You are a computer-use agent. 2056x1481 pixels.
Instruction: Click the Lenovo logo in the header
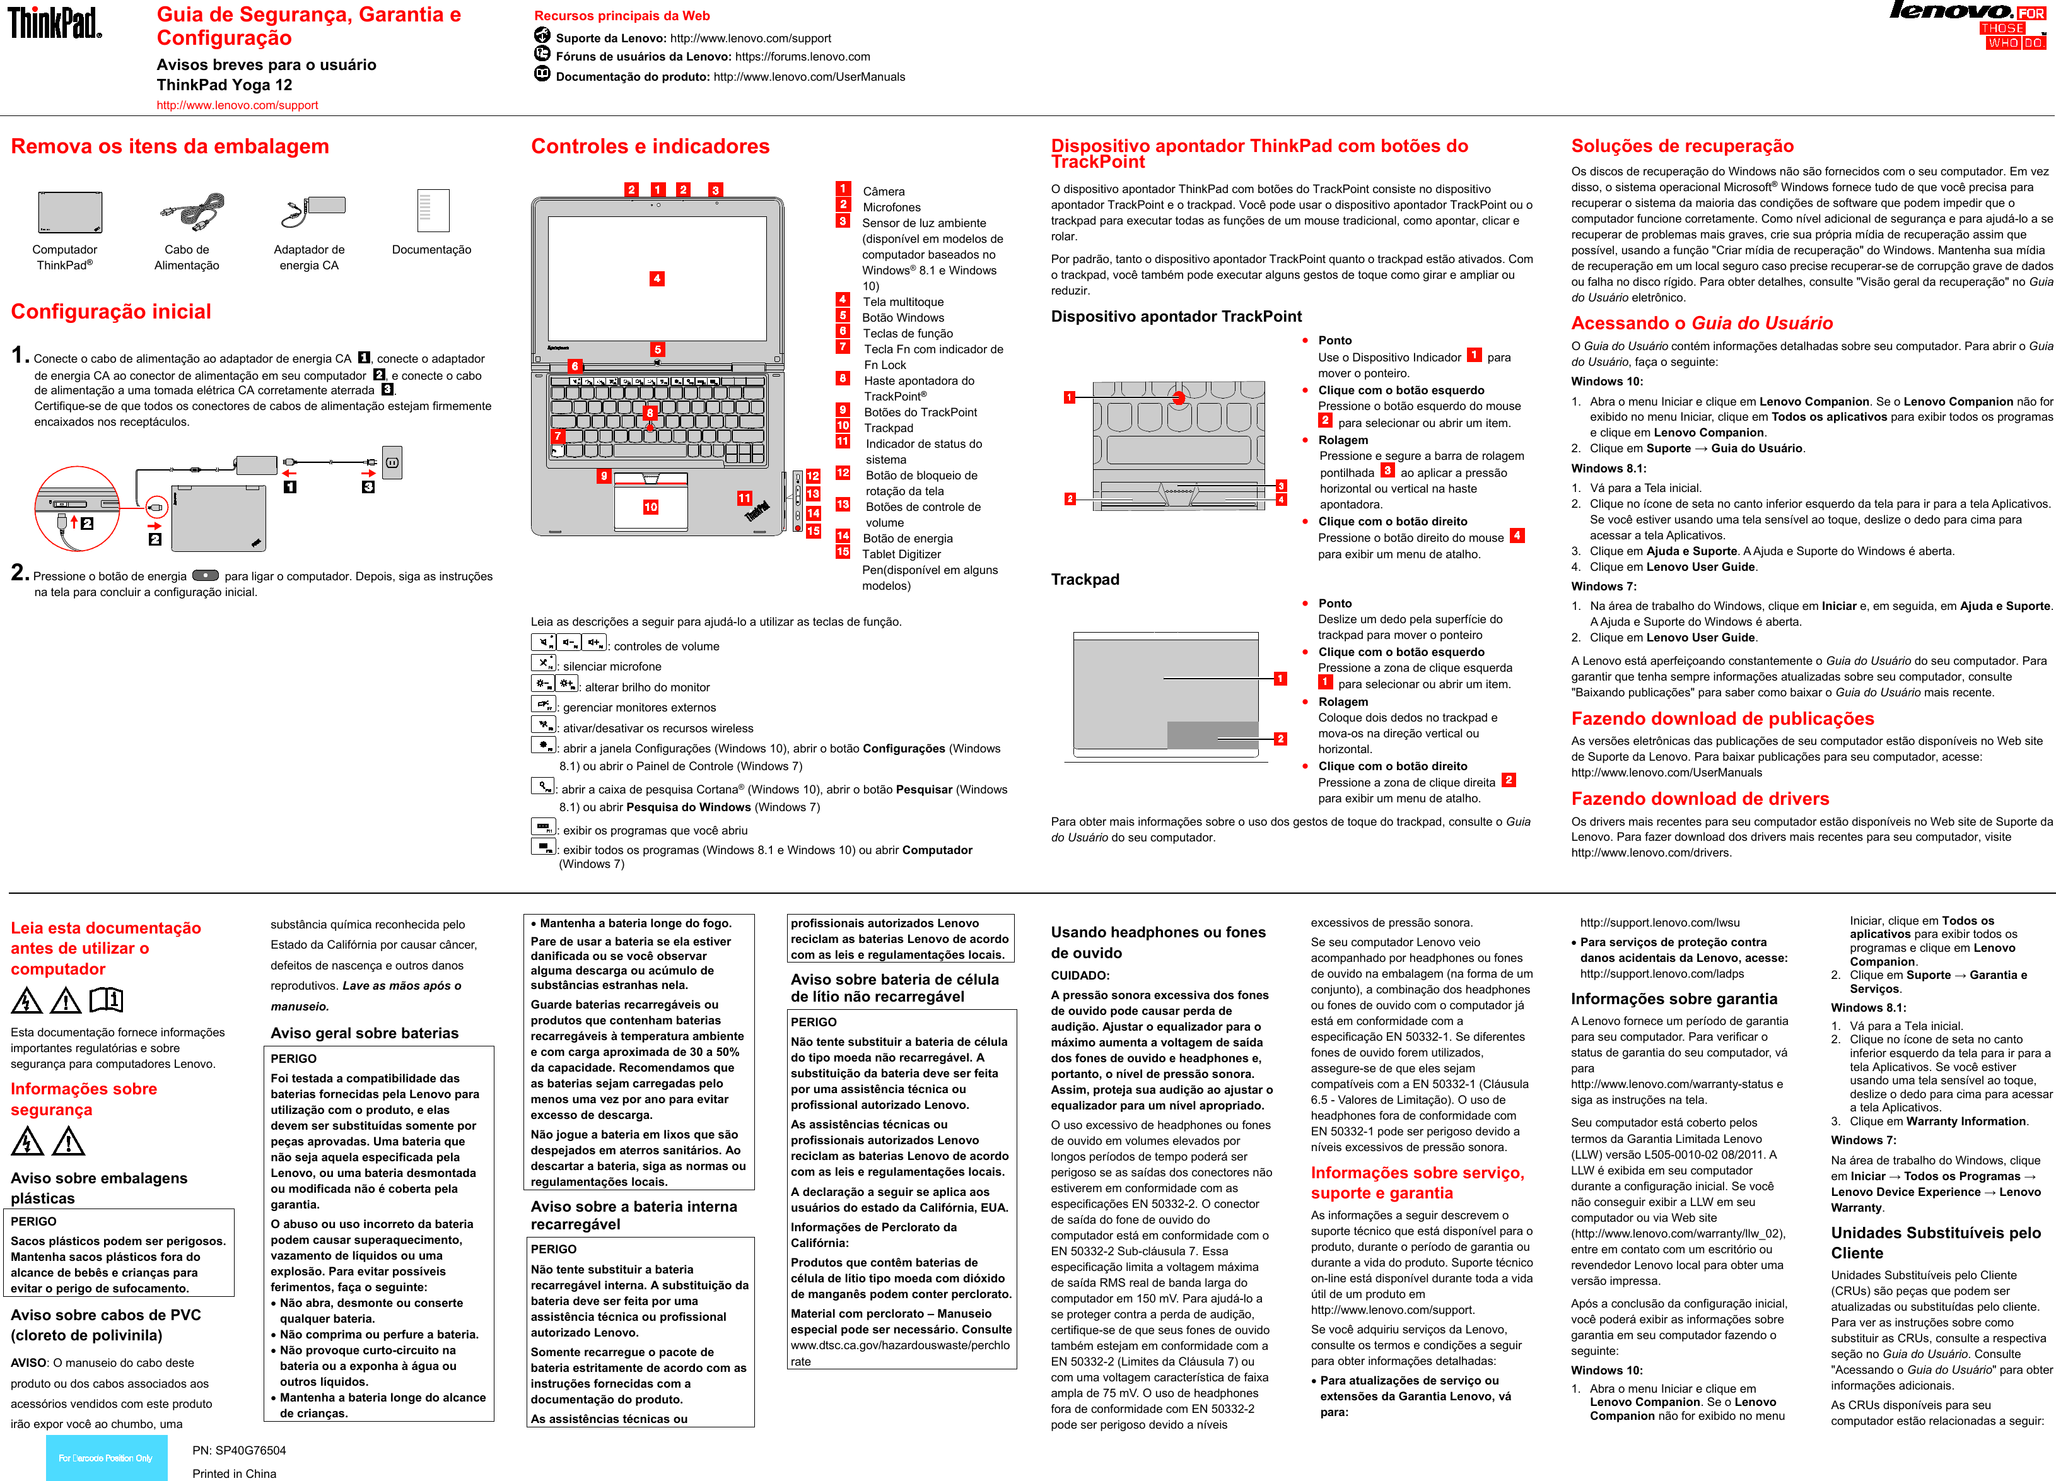1967,23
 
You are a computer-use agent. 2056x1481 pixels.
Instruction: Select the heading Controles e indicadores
650,147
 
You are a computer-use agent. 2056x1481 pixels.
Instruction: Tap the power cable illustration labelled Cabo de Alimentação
189,213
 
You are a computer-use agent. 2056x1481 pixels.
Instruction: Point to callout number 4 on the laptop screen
657,278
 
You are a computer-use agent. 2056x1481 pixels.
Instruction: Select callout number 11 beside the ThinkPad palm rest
744,498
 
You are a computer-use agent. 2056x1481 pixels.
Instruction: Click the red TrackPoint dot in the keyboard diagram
1179,398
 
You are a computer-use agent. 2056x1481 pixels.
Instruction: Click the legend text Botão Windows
903,318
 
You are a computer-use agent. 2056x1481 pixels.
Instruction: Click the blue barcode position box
105,1458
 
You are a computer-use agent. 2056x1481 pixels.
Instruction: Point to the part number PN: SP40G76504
238,1450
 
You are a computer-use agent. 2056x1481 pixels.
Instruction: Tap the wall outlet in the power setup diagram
392,462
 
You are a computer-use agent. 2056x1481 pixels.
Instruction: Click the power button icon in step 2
206,575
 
